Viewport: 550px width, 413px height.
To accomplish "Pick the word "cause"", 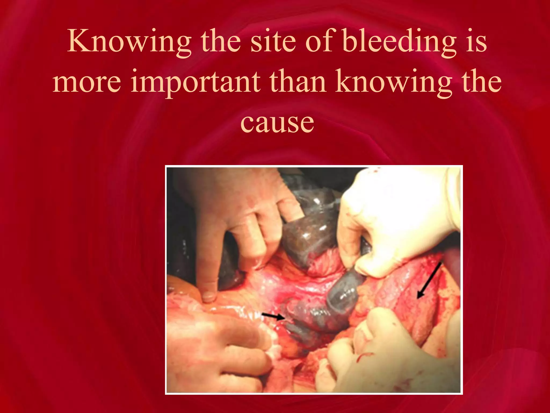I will [277, 123].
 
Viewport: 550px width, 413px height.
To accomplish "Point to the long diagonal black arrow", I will [429, 281].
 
